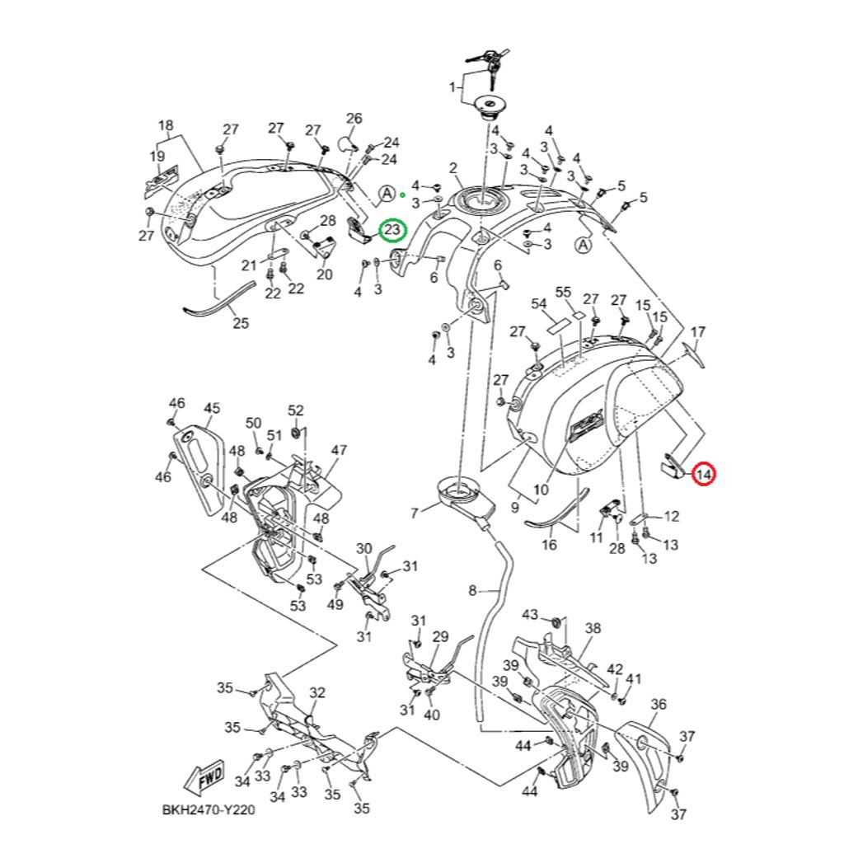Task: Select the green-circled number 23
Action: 392,228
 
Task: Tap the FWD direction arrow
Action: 200,776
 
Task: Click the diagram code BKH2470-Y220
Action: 208,810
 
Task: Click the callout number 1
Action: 452,87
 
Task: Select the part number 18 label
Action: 166,126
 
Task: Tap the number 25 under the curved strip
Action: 240,323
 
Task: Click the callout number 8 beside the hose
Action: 472,590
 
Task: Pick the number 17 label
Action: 698,332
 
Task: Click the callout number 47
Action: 339,450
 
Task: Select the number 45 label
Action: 212,408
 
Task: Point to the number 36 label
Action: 658,704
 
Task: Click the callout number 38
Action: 593,627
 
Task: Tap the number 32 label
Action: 317,693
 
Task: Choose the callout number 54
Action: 539,305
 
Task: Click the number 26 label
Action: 354,119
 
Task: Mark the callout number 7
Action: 414,513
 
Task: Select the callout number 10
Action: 541,490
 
